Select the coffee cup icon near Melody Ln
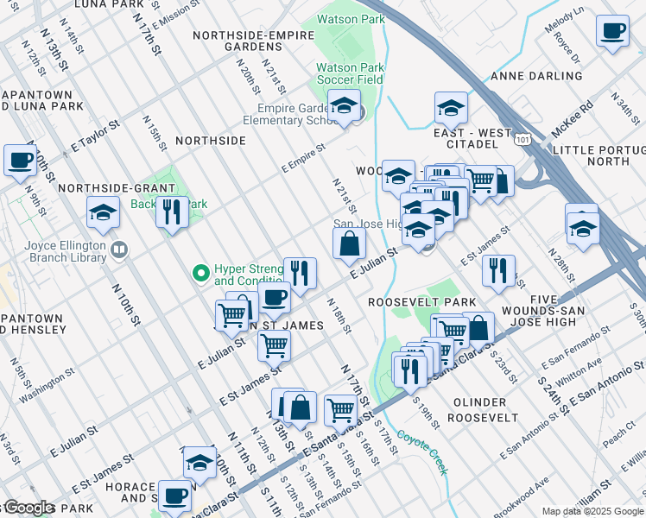point(612,29)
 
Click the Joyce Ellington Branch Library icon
point(119,250)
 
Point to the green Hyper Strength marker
point(201,274)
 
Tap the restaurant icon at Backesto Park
point(172,211)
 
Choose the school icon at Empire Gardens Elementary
point(344,108)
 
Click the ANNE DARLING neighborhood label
point(533,76)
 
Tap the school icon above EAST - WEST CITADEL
point(450,109)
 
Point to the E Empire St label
point(303,157)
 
